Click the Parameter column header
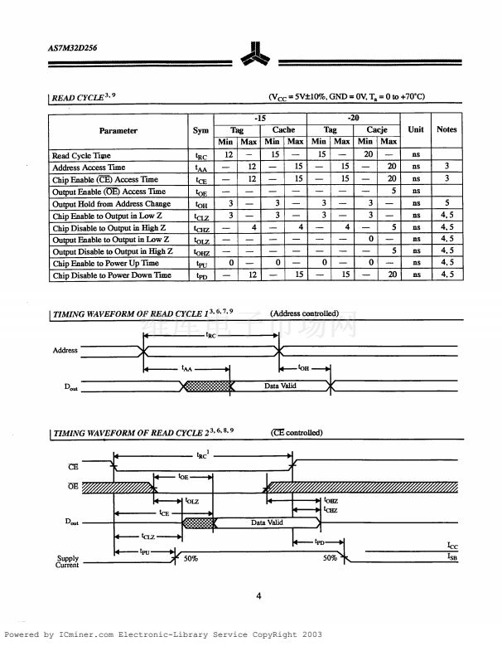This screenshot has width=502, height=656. coord(118,130)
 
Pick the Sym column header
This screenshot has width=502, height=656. coord(200,130)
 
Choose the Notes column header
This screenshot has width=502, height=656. coord(446,129)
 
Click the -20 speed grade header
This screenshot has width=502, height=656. coord(353,119)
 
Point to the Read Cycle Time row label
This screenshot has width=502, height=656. coord(81,156)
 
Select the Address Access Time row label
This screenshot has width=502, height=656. coord(88,168)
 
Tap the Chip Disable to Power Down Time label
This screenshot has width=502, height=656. coord(112,275)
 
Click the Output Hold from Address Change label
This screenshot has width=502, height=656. coord(111,204)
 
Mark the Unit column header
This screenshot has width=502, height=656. coord(416,129)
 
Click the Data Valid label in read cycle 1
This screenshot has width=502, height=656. coord(280,386)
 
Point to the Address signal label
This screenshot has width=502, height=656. coord(65,350)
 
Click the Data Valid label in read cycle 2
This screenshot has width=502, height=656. coord(267,522)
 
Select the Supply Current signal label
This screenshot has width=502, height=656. coord(68,561)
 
